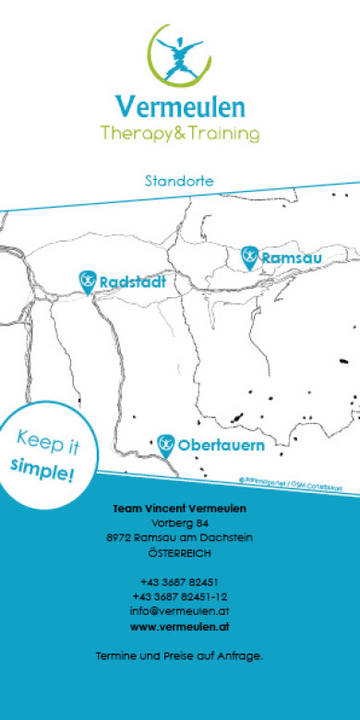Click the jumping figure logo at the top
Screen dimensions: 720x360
pos(180,58)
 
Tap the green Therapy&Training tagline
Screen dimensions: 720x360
pos(180,135)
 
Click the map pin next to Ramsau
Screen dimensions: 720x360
pos(248,257)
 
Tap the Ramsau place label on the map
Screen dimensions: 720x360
pos(291,258)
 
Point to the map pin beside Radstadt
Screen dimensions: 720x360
pos(87,281)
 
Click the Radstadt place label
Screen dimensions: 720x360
pos(132,282)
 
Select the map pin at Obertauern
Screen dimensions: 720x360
pos(166,445)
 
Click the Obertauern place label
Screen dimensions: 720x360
pos(221,446)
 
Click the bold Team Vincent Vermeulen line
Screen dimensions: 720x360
pos(179,509)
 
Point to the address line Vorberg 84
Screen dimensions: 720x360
pos(179,523)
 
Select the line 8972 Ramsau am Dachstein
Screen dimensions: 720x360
pos(179,538)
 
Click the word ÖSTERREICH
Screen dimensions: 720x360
pos(179,553)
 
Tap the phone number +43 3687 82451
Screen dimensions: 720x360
pos(179,582)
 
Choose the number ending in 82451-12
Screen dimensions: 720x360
pos(179,597)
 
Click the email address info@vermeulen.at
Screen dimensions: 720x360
pos(179,611)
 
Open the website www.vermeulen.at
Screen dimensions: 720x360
pos(179,627)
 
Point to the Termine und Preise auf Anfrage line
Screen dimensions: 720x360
pos(179,656)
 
